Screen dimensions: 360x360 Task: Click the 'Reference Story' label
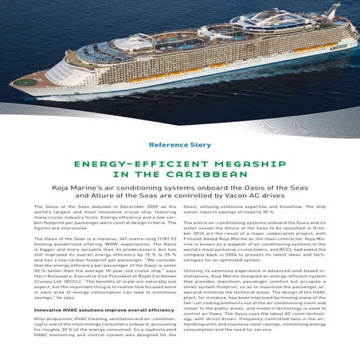[179, 145]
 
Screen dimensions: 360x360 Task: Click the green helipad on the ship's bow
[25, 80]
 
